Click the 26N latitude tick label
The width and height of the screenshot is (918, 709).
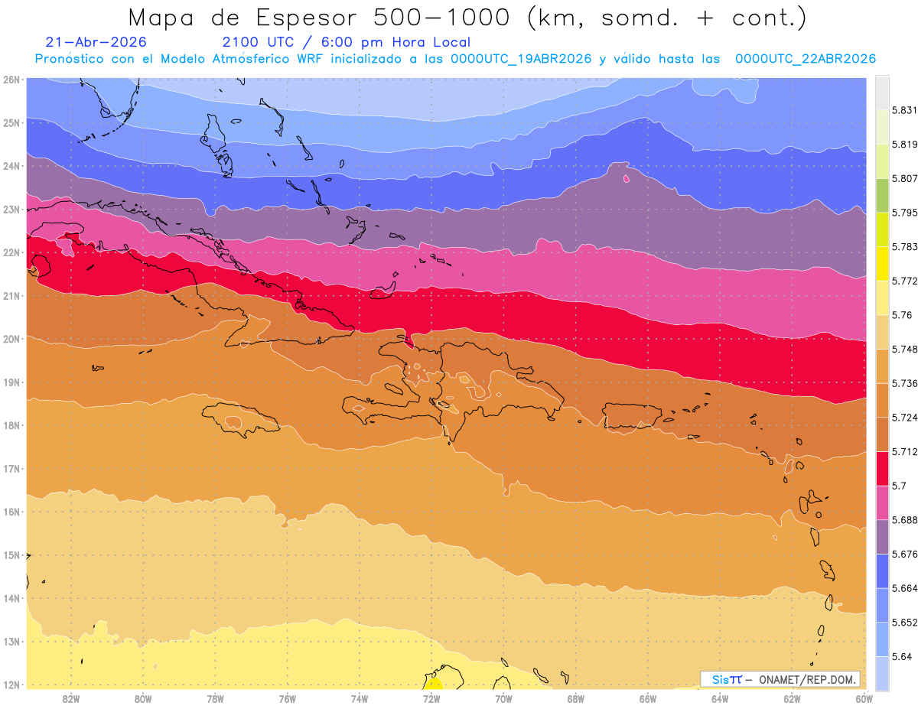[x=11, y=80]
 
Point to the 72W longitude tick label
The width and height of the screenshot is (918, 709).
[x=431, y=699]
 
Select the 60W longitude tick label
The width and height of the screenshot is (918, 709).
[x=864, y=699]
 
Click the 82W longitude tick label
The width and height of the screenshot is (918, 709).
[x=71, y=699]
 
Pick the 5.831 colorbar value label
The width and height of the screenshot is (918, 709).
[x=904, y=111]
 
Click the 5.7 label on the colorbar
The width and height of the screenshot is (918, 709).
[x=899, y=486]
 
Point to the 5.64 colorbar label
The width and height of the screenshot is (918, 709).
[x=901, y=657]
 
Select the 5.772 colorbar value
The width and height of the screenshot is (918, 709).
[x=904, y=281]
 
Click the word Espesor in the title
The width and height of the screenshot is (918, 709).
[x=306, y=18]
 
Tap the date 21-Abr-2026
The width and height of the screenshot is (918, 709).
[x=96, y=42]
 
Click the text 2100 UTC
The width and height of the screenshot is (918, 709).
[x=258, y=42]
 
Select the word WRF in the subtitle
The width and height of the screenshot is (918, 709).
[x=310, y=59]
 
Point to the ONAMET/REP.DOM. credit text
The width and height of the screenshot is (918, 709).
[x=807, y=680]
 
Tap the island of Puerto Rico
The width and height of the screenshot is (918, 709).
[x=631, y=416]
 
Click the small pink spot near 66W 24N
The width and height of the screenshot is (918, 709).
[x=626, y=179]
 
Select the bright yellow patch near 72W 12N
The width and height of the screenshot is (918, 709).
[x=433, y=684]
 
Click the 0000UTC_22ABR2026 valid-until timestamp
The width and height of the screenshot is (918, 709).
[x=806, y=59]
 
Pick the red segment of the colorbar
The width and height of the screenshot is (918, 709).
[x=882, y=469]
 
